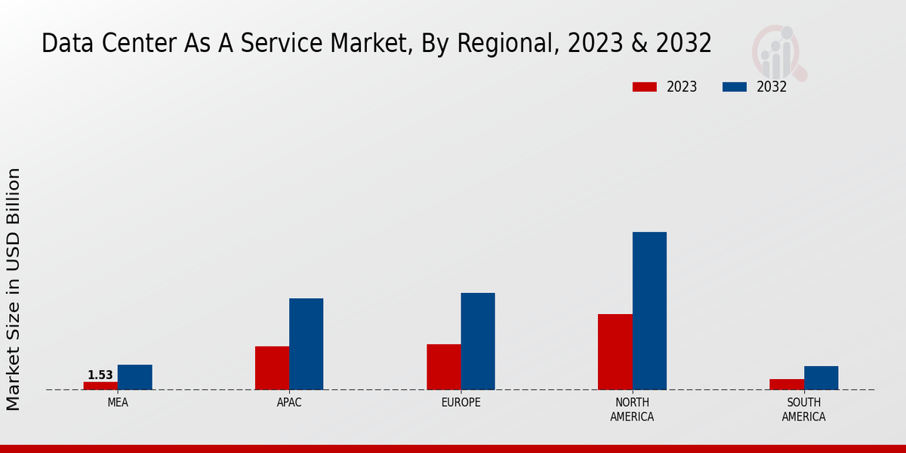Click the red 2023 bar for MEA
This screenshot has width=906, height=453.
pos(100,386)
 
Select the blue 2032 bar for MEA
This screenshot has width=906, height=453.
pos(135,377)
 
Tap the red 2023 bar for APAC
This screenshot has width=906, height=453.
pos(272,368)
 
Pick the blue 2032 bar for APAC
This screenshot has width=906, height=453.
pos(307,344)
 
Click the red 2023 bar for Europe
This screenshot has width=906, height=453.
pos(444,367)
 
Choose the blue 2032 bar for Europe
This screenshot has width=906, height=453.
pos(478,341)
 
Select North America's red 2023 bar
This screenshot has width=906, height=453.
pos(615,352)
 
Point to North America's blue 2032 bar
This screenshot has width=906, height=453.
pos(649,311)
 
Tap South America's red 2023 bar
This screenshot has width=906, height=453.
pos(787,384)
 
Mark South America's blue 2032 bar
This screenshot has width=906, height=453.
pos(821,378)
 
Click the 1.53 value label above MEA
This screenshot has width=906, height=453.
pos(100,375)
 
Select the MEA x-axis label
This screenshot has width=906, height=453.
pos(118,403)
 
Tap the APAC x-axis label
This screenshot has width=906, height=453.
pos(289,403)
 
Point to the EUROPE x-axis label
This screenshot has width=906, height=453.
pos(461,403)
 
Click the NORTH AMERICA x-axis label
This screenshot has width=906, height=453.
pos(633,410)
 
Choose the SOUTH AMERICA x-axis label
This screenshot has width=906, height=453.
pos(804,410)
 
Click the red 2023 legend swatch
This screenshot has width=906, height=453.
pos(645,87)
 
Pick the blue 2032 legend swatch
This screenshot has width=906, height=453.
pos(735,87)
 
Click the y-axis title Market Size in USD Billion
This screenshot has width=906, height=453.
pos(14,289)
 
